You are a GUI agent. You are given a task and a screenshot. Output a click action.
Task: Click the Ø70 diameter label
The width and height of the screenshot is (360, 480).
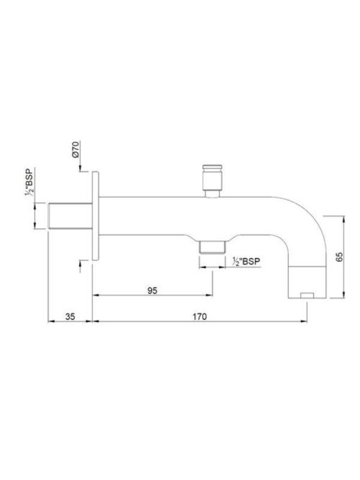click(x=76, y=149)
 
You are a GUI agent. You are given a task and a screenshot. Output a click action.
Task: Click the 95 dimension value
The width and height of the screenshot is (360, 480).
click(x=152, y=290)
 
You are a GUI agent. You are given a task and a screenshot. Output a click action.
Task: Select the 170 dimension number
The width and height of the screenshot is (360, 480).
click(x=199, y=317)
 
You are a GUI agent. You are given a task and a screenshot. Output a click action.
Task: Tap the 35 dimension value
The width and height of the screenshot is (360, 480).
click(x=70, y=317)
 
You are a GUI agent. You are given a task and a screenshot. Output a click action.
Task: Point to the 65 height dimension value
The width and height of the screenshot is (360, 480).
click(x=340, y=257)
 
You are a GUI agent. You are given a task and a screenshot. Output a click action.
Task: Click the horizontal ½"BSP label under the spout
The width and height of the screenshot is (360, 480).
click(x=246, y=261)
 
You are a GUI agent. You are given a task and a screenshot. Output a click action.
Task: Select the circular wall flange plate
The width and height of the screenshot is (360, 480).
click(x=95, y=216)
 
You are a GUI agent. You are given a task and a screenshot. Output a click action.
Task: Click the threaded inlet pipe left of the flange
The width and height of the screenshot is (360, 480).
click(x=70, y=215)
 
